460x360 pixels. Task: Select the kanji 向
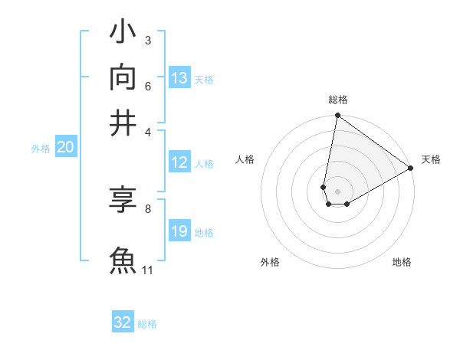pos(123,77)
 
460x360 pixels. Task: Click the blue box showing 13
pos(179,78)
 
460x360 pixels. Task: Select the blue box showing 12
pos(179,162)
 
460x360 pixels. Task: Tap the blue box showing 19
pos(179,231)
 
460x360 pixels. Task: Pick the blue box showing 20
pos(65,148)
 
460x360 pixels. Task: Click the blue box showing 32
pos(123,322)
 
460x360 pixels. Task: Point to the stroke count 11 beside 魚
pos(148,270)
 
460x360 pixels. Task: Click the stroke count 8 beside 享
pos(148,208)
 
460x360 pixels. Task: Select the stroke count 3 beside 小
pos(148,40)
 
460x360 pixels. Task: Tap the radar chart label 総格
pos(338,100)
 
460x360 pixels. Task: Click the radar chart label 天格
pos(431,159)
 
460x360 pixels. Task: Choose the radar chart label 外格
pos(270,262)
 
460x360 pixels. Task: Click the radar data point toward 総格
pos(337,116)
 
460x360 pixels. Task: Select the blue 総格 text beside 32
pos(147,324)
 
